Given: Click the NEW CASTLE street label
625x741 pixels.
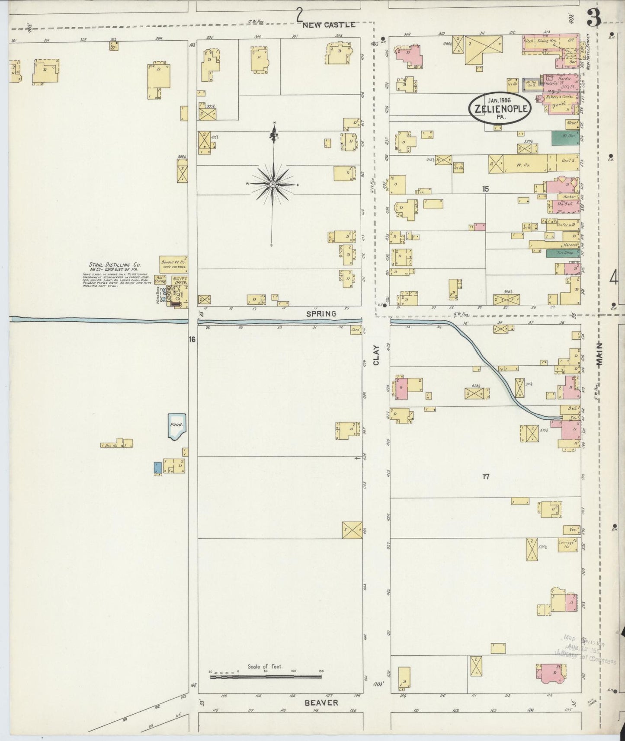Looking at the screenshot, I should [x=329, y=25].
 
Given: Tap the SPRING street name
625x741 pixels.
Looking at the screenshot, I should [x=321, y=314].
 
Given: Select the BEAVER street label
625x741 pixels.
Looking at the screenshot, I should [x=321, y=703].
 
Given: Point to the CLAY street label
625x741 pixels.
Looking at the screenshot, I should [x=376, y=355].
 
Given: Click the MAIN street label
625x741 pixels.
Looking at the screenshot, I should [x=600, y=355].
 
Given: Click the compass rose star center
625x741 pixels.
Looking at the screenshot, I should [x=273, y=185].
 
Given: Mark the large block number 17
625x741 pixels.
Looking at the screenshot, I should [x=486, y=476].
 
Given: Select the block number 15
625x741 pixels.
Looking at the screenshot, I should [x=486, y=188].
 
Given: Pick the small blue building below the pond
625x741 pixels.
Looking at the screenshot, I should [x=158, y=467].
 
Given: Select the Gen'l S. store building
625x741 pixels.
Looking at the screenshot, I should [x=564, y=164].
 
